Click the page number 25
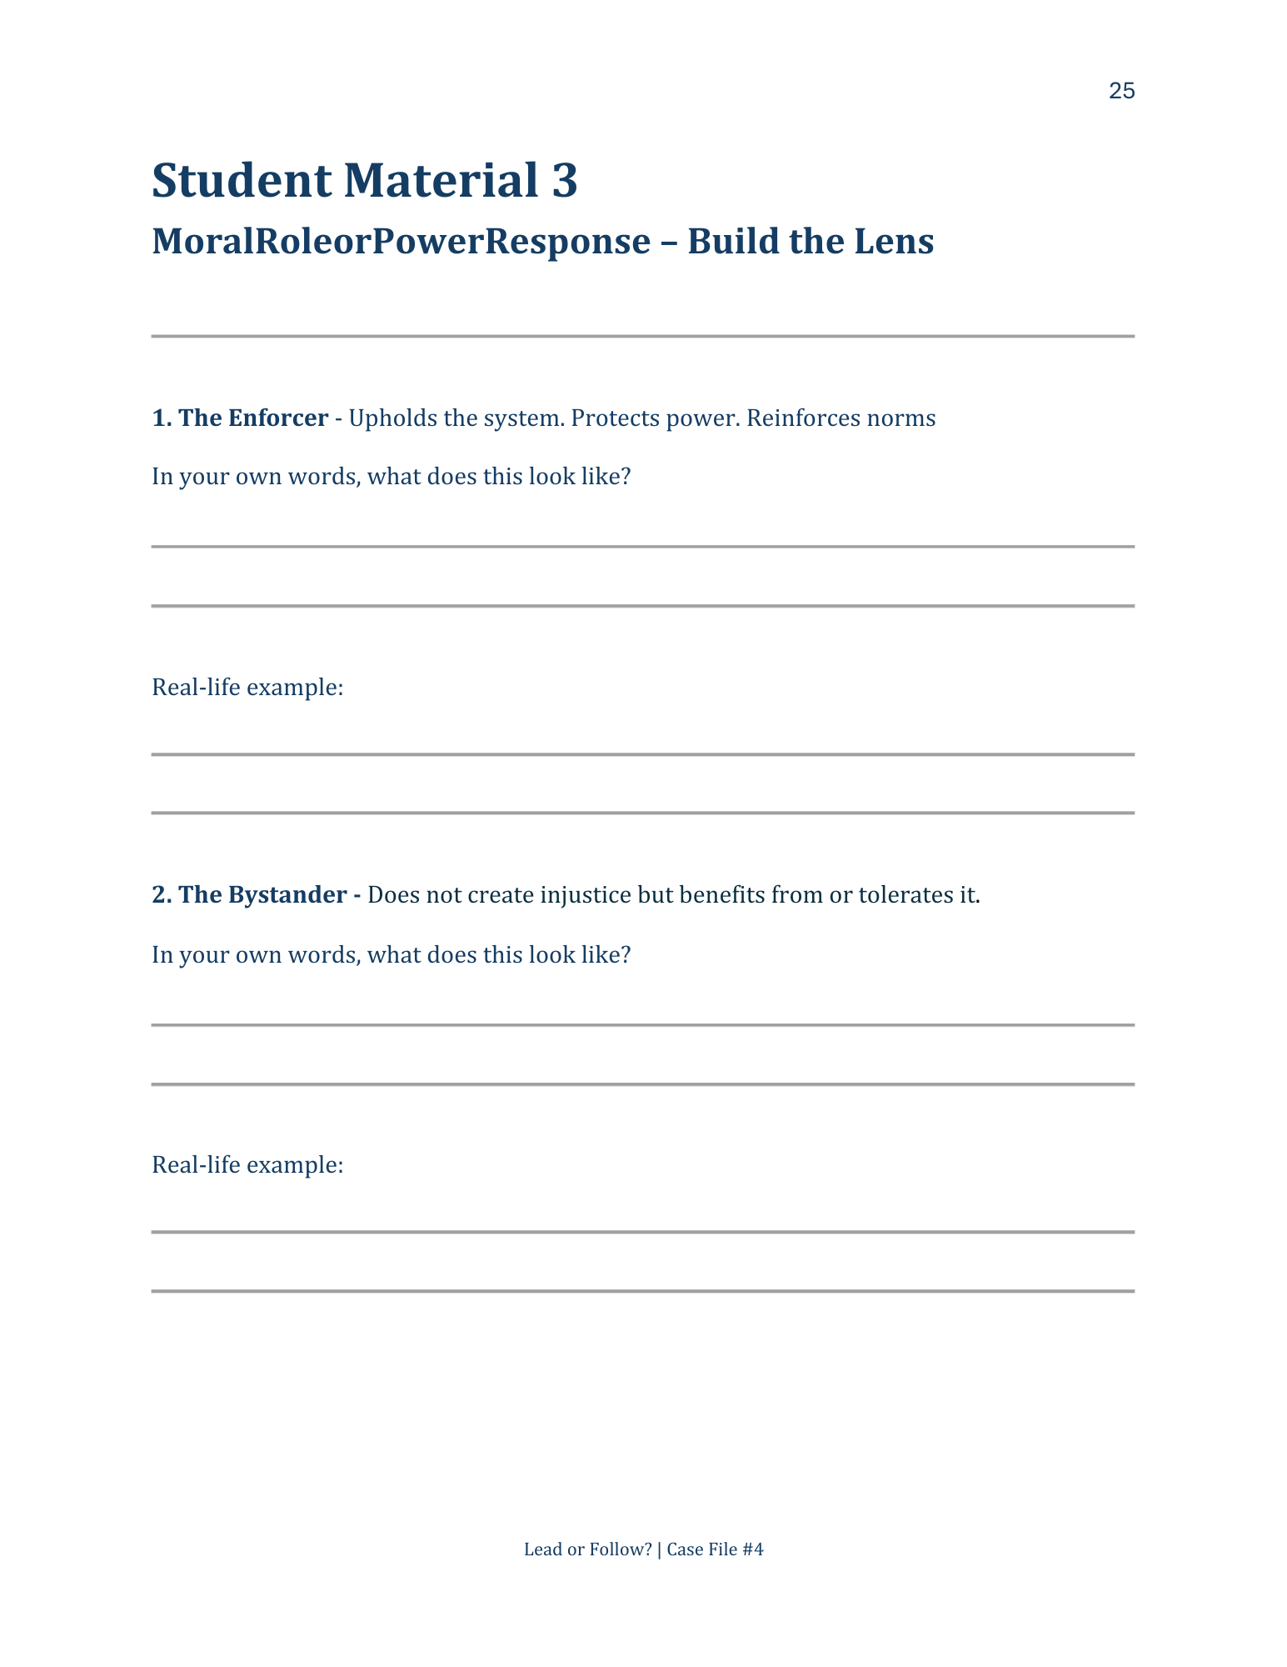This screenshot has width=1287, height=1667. pos(1121,91)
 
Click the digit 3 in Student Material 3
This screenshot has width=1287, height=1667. pos(564,181)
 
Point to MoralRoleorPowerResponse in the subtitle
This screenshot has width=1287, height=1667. pos(401,242)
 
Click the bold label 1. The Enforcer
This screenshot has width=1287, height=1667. pos(240,418)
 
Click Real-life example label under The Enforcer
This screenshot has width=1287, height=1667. pos(247,688)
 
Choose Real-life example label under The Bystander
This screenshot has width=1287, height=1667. pos(247,1164)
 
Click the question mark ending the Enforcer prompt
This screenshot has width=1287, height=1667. pos(626,477)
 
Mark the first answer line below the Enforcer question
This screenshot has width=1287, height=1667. pos(642,547)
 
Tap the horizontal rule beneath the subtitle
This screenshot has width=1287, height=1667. pos(642,336)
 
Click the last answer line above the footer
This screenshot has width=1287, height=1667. pos(642,1291)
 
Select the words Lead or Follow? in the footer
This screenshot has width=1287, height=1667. pos(587,1549)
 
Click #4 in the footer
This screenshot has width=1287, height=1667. pos(753,1549)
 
